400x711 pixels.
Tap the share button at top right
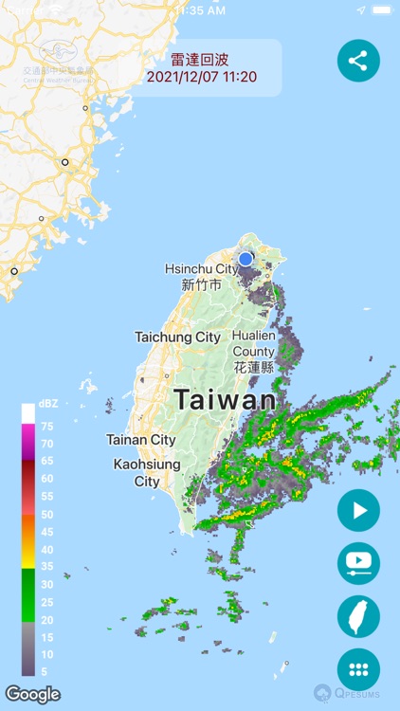[358, 61]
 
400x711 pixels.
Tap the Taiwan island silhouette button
[358, 616]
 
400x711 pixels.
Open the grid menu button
[358, 669]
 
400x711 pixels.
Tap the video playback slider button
[358, 563]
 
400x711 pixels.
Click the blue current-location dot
[245, 258]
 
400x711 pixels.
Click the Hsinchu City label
[201, 276]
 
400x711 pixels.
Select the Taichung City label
[177, 337]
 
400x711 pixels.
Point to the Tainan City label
[140, 440]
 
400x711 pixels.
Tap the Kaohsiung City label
[146, 473]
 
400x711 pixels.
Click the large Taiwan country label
[225, 400]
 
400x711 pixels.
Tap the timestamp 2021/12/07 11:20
[202, 77]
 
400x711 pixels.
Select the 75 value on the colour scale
[46, 427]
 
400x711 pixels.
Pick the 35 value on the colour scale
[46, 567]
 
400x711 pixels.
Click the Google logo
[32, 694]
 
